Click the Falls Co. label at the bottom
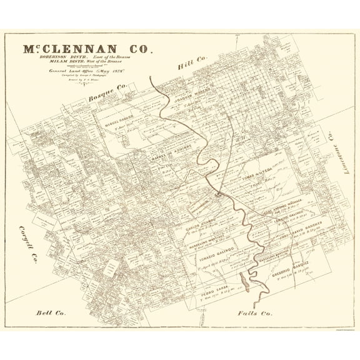click(x=252, y=312)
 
